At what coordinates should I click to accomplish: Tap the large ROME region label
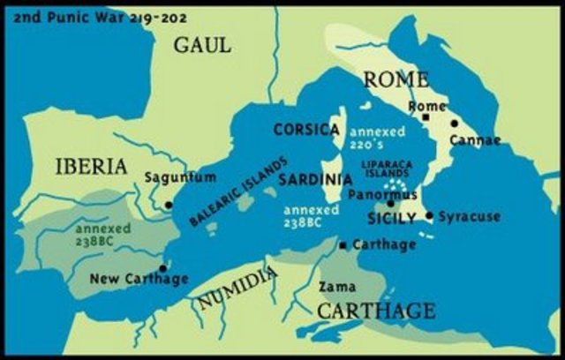(396, 80)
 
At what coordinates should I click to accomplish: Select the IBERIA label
(92, 166)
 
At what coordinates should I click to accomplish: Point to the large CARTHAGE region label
(375, 311)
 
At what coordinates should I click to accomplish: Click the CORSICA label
(306, 130)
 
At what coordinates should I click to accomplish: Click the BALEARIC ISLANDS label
(238, 193)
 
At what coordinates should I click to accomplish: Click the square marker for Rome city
(426, 116)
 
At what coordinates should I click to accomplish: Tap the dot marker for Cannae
(454, 124)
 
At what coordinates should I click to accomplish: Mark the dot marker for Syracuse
(429, 215)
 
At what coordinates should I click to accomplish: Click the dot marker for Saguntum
(168, 204)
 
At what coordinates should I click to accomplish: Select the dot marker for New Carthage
(162, 267)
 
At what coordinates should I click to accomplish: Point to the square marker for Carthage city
(343, 244)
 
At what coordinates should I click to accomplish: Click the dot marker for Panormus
(390, 204)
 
